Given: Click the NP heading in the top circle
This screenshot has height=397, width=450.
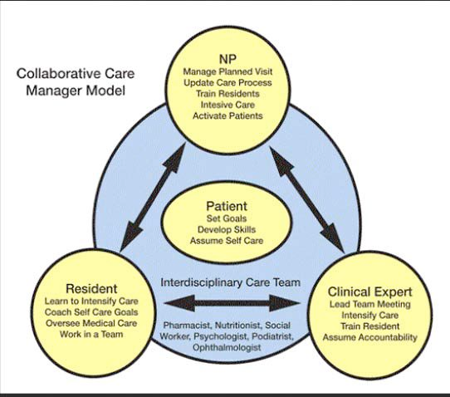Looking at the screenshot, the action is tap(227, 59).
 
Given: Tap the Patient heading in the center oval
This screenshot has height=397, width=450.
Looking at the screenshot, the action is tap(227, 206).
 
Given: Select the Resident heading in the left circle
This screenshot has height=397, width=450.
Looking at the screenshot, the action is tap(91, 288).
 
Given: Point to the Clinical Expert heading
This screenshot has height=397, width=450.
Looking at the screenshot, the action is tap(369, 292).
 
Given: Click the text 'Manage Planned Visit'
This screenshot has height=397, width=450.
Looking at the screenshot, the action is tap(227, 71).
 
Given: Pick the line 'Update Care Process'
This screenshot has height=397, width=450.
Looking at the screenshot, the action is tap(227, 83).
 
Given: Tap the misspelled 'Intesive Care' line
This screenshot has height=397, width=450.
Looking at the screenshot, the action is tap(227, 105).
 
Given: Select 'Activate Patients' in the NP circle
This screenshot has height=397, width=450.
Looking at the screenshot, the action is tap(227, 116).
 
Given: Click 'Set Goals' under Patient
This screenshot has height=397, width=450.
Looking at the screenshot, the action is tap(227, 218).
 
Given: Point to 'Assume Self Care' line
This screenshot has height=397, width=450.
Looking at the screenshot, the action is tap(227, 241).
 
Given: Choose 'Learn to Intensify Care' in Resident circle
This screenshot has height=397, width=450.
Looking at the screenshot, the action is tap(91, 301).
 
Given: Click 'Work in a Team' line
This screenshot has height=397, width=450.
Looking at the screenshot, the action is tap(91, 334).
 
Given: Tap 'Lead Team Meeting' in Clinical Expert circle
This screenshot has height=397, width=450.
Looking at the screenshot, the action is tap(369, 304).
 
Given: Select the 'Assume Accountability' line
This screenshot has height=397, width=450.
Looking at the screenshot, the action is tap(369, 337).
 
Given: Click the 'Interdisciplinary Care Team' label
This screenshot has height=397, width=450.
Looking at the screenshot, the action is tap(231, 282).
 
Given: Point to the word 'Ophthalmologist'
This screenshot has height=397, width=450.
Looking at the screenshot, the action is tap(227, 348).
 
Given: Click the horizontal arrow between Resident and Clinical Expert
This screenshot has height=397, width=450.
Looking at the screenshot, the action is tap(232, 303).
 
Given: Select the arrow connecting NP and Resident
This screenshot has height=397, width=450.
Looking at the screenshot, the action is tap(152, 198).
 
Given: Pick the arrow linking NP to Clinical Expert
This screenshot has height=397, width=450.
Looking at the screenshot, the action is tap(307, 199).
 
